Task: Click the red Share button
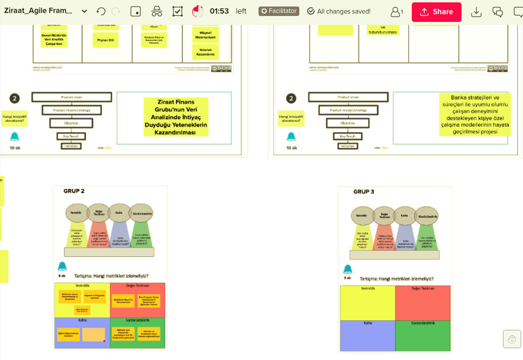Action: tap(436, 12)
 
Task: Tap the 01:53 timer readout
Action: tap(219, 11)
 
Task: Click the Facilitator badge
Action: tap(279, 11)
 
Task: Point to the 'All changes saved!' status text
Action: tap(343, 11)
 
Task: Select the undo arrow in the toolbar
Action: tap(101, 11)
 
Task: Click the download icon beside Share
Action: tap(476, 12)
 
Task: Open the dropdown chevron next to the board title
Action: tap(84, 11)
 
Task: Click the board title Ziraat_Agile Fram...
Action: tap(38, 11)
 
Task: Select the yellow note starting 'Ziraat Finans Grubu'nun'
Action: tap(176, 117)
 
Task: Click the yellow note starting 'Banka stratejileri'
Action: tap(474, 114)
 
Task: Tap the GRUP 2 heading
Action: tap(74, 191)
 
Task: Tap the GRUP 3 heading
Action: tap(363, 192)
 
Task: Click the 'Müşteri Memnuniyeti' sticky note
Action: tap(205, 34)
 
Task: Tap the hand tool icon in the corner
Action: tap(512, 339)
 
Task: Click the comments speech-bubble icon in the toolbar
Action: tap(498, 12)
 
